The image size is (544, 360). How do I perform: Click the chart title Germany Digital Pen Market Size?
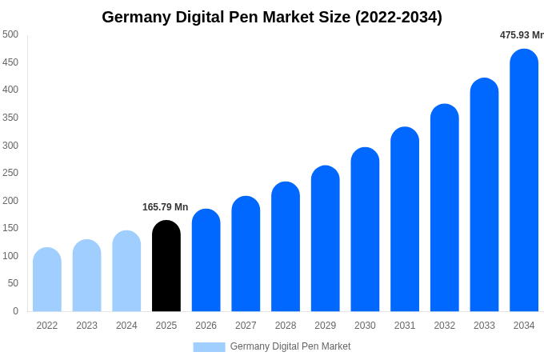(x=272, y=17)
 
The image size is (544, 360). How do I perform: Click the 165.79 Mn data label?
(x=165, y=207)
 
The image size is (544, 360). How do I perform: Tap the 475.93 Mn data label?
(x=522, y=35)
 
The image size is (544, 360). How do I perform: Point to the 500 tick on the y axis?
(x=10, y=34)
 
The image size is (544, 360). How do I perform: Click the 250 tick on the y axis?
(x=10, y=173)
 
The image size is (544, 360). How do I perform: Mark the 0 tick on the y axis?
(x=15, y=311)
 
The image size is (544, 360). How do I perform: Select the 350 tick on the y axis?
(x=10, y=118)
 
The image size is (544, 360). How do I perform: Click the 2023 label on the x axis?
(x=86, y=326)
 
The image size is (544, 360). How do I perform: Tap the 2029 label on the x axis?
(x=326, y=326)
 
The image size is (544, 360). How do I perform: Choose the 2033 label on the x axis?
(x=484, y=326)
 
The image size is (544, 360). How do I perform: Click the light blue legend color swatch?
(x=209, y=347)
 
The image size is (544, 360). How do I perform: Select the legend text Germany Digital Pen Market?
(x=290, y=346)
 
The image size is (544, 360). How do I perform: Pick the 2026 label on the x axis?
(x=206, y=326)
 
